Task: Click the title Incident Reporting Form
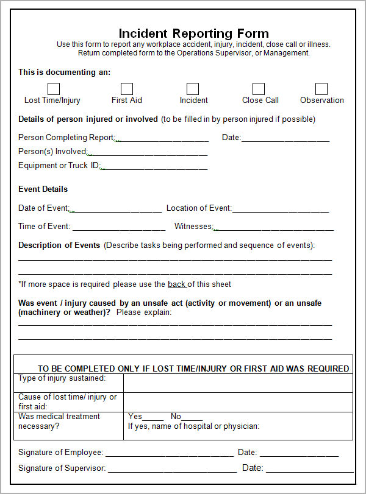point(193,33)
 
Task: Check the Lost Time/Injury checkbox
point(54,89)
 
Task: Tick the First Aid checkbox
point(127,89)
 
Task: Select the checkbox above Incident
point(193,89)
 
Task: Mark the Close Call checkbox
point(259,89)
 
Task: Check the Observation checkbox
point(321,89)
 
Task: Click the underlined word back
point(177,284)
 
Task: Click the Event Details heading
point(43,189)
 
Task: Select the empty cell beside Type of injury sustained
point(238,383)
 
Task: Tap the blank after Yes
point(153,417)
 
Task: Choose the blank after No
point(192,417)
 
